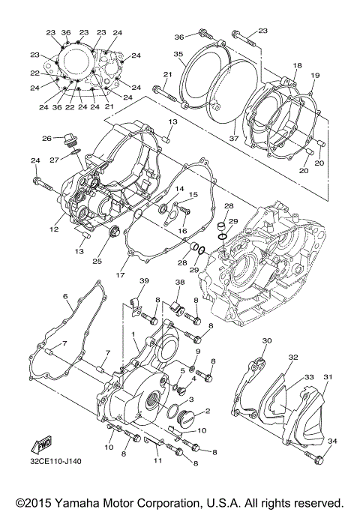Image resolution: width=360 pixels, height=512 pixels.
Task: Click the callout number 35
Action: tap(178, 54)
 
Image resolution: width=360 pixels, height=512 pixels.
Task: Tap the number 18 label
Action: tap(298, 67)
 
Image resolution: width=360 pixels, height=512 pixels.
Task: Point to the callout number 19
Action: tap(314, 76)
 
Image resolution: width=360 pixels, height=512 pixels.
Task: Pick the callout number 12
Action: tap(54, 229)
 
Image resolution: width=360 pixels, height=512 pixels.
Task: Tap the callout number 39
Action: tap(144, 280)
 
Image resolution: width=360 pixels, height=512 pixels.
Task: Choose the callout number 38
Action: tap(179, 283)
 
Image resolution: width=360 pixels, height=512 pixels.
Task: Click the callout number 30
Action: tap(266, 341)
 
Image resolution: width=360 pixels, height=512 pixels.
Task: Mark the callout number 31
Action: tap(327, 376)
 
